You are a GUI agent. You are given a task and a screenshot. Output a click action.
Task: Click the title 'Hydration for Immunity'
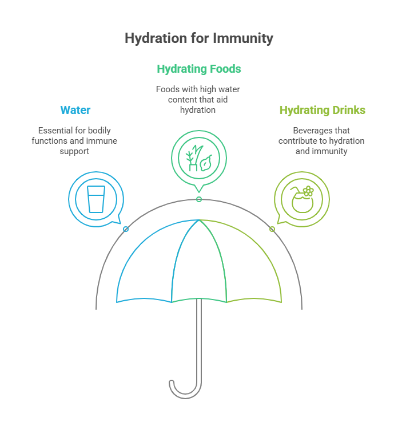click(x=199, y=38)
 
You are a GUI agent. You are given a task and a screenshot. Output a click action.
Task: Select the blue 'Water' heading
click(x=75, y=110)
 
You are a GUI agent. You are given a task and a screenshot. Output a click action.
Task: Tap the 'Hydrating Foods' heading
click(x=199, y=69)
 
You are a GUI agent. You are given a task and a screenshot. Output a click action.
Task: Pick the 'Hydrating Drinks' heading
click(x=322, y=110)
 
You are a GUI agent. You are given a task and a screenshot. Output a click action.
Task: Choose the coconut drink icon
click(x=302, y=198)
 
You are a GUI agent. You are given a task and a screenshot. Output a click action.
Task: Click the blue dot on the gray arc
click(x=126, y=229)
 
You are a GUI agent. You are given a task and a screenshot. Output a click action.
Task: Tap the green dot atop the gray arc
click(x=199, y=199)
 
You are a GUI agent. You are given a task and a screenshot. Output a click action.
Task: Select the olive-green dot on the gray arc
click(x=272, y=229)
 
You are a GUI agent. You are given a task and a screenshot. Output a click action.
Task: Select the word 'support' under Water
click(x=75, y=151)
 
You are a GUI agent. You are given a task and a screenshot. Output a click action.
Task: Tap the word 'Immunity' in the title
click(x=243, y=38)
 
